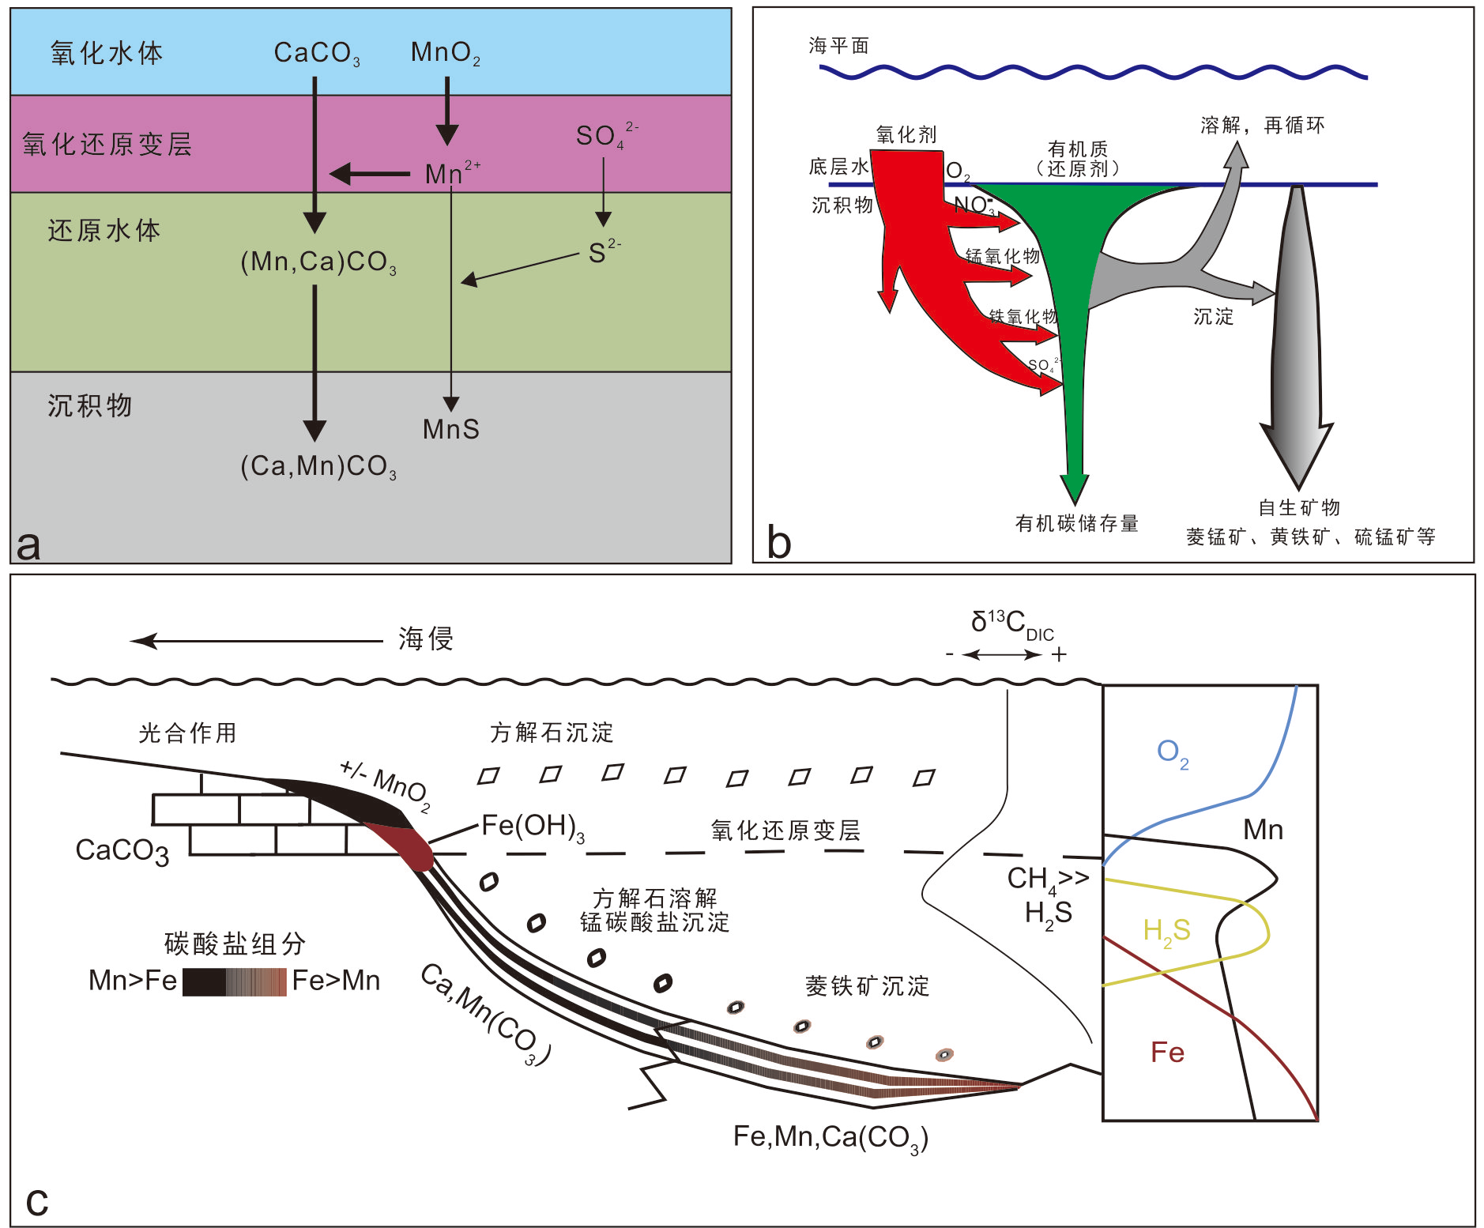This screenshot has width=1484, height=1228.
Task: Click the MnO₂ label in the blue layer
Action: pyautogui.click(x=445, y=53)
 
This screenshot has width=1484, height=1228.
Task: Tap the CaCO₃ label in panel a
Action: pyautogui.click(x=316, y=53)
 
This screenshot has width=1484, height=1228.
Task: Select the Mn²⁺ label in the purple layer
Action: pyautogui.click(x=451, y=173)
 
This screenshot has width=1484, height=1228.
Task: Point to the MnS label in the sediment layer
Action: pyautogui.click(x=450, y=429)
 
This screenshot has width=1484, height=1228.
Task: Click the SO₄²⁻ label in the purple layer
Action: pyautogui.click(x=605, y=135)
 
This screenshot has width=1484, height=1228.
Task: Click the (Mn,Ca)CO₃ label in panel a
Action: pyautogui.click(x=318, y=262)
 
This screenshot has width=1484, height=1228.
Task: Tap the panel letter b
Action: pyautogui.click(x=778, y=543)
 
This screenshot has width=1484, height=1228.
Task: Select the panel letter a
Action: pyautogui.click(x=28, y=544)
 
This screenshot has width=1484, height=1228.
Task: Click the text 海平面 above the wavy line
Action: pyautogui.click(x=838, y=46)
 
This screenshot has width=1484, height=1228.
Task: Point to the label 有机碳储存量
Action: pyautogui.click(x=1076, y=523)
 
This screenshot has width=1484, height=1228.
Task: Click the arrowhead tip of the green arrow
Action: pyautogui.click(x=1074, y=501)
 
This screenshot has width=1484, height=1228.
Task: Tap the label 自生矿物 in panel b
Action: pyautogui.click(x=1298, y=507)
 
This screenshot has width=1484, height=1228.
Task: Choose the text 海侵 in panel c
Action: pyautogui.click(x=425, y=638)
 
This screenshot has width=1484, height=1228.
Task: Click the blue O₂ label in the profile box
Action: pyautogui.click(x=1172, y=752)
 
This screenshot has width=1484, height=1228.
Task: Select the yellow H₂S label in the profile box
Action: pyautogui.click(x=1166, y=931)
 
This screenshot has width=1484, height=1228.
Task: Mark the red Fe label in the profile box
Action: pyautogui.click(x=1167, y=1053)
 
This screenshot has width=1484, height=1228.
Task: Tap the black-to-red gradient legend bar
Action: pyautogui.click(x=235, y=981)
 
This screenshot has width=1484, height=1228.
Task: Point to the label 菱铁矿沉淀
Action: pyautogui.click(x=867, y=986)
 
